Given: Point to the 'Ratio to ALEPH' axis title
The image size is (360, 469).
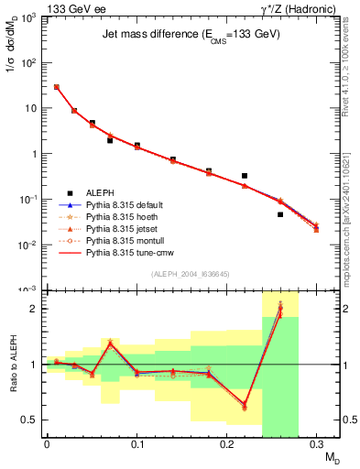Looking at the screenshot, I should click(x=13, y=365).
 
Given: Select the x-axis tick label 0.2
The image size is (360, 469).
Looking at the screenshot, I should click(x=227, y=444).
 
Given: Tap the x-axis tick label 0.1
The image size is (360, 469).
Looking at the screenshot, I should click(x=136, y=444).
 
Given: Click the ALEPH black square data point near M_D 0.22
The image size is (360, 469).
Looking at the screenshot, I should click(x=245, y=175).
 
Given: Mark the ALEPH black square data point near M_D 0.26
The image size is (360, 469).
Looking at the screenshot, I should click(x=280, y=214).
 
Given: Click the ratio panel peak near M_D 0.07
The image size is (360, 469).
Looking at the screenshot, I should click(x=110, y=342).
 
